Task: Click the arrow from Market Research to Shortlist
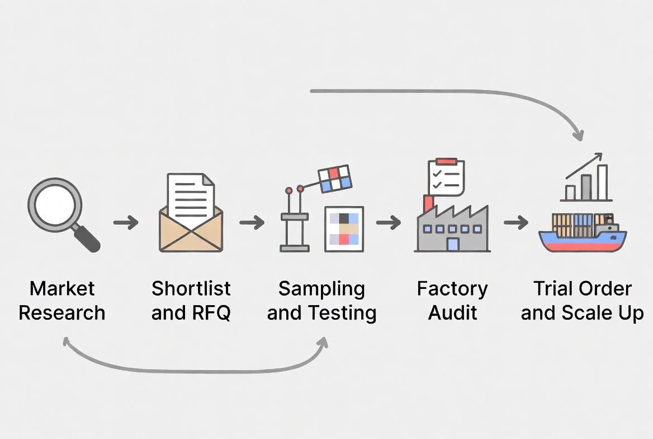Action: (x=126, y=223)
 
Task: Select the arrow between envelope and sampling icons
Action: (x=252, y=223)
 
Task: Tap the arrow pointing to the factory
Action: (x=389, y=223)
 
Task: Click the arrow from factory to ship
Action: (x=516, y=223)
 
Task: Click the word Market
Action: (x=62, y=289)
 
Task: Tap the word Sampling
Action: (x=321, y=289)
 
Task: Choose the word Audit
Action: (x=452, y=312)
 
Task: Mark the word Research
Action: (x=62, y=312)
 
